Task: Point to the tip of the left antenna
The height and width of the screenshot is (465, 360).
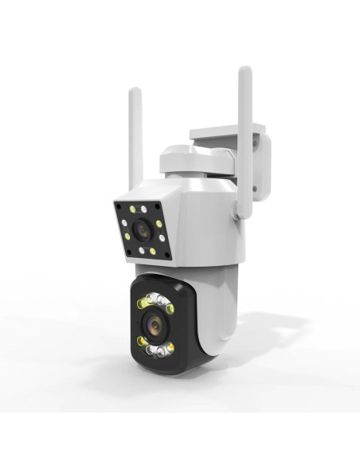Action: click(x=135, y=92)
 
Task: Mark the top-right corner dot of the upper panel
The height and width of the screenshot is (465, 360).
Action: click(x=158, y=207)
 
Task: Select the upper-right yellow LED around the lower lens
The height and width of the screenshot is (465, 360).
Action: click(x=170, y=308)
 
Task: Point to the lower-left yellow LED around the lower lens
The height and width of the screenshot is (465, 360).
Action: click(x=142, y=342)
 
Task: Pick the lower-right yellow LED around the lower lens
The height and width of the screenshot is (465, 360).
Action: click(x=170, y=347)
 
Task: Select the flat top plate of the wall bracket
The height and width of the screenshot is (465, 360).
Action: click(x=227, y=131)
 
